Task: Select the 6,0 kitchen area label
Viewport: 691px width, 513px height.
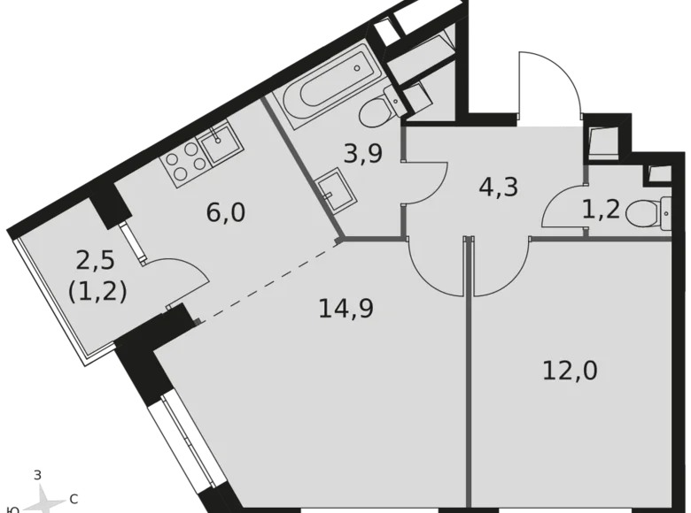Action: coord(227,213)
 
